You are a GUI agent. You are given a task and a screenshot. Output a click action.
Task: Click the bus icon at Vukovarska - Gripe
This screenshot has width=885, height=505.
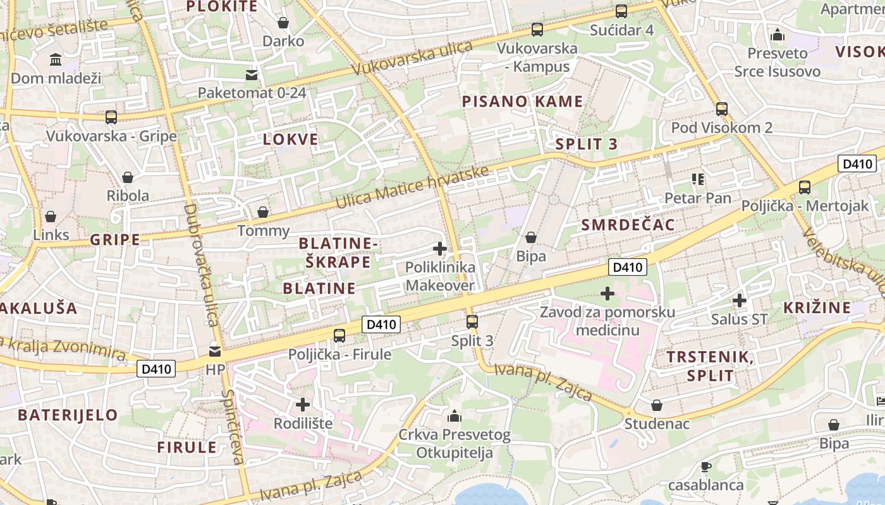pos(111,117)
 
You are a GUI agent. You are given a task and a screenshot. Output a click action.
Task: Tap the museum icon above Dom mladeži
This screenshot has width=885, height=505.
pos(56,59)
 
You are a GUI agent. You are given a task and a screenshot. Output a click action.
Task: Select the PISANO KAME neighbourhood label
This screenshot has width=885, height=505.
pos(522,102)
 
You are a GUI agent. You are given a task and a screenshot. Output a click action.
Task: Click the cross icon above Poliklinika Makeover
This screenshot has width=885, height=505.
pos(440,249)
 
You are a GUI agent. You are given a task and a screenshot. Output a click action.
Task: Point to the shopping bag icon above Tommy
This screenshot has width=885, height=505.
pos(263,212)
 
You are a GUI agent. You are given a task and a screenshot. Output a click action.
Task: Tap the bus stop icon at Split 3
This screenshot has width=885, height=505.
pos(472,322)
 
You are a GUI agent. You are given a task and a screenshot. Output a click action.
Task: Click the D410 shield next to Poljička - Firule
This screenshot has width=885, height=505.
pos(381,324)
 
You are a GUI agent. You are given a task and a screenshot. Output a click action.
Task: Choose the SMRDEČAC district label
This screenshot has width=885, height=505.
pos(628,225)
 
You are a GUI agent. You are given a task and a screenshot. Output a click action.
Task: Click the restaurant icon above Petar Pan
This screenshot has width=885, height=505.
pos(698,179)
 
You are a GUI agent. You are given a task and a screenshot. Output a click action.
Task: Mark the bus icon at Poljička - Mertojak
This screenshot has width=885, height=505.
pos(805,187)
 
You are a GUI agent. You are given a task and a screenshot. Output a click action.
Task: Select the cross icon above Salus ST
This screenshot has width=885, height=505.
pos(739,300)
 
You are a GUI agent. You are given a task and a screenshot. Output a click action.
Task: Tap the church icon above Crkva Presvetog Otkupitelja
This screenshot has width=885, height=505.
pos(454,416)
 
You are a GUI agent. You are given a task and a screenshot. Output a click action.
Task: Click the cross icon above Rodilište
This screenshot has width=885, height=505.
pos(303,404)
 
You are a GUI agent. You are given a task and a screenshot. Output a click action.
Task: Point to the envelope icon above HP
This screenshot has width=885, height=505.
pos(215,351)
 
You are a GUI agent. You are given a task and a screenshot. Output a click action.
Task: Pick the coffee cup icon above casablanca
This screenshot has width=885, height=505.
pos(706,466)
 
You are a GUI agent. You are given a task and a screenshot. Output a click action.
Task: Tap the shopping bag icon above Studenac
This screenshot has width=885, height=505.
pos(657,405)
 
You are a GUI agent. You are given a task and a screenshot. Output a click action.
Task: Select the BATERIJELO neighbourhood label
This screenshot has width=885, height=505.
pos(68,415)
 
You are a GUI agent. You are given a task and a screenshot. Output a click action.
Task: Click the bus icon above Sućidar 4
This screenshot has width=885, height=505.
pos(621,11)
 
